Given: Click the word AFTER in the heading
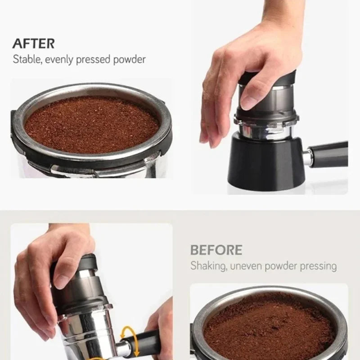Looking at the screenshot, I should (x=33, y=44).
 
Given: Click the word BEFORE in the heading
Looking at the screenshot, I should (x=216, y=250).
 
